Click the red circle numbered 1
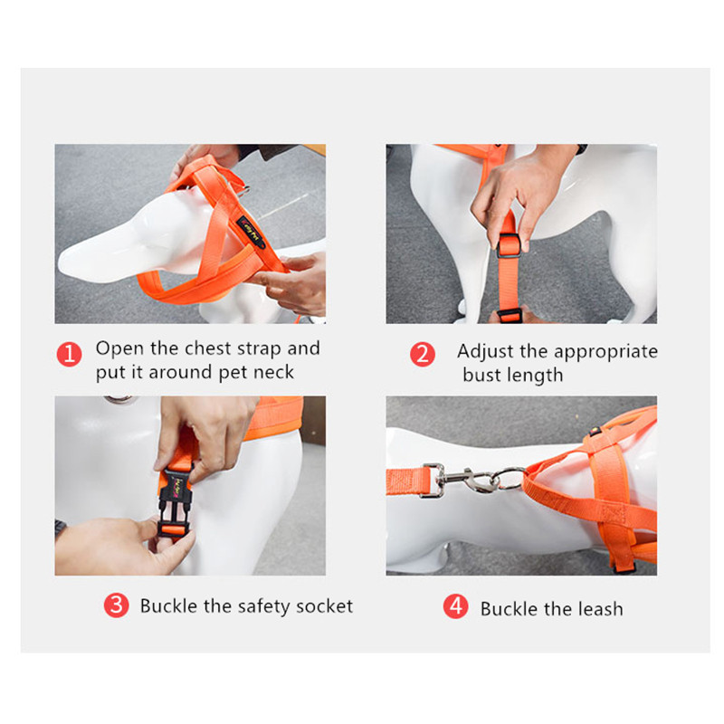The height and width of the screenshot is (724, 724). click(70, 354)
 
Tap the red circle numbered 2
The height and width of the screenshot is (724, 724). click(423, 354)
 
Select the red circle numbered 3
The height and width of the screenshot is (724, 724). click(117, 605)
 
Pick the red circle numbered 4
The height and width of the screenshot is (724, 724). click(456, 606)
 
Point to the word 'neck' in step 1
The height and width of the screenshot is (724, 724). click(274, 372)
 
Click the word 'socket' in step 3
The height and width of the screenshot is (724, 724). click(325, 606)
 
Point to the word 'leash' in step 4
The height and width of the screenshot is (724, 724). click(601, 609)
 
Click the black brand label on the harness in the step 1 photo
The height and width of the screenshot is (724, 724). click(251, 233)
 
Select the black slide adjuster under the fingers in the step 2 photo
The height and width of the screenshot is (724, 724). click(509, 245)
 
